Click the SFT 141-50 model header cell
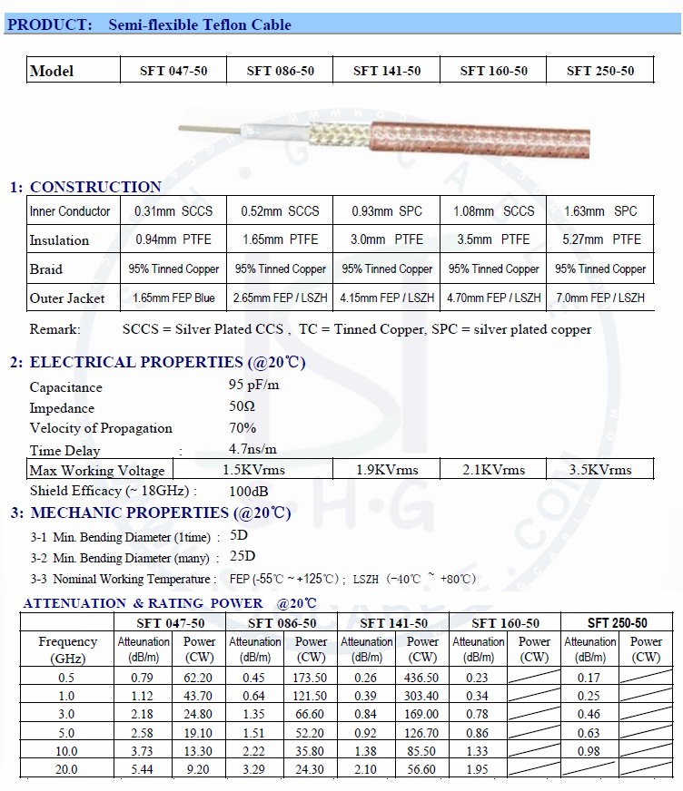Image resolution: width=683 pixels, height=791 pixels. click(387, 71)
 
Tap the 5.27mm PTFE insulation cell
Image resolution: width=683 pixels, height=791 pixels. click(601, 239)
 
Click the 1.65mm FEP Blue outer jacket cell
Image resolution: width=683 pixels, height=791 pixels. click(173, 298)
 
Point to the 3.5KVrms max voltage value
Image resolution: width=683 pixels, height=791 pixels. click(599, 470)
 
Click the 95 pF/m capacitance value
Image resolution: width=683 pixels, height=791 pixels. click(254, 386)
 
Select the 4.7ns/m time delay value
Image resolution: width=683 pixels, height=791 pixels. click(252, 449)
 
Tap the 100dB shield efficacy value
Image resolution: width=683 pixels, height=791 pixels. click(248, 491)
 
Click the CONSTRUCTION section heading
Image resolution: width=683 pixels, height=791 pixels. click(95, 187)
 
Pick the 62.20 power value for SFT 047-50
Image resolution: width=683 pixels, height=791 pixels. click(200, 678)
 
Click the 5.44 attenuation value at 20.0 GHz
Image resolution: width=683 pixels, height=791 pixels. click(144, 769)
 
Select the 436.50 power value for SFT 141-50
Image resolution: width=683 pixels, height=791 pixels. click(422, 678)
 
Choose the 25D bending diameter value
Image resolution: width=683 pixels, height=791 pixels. click(243, 556)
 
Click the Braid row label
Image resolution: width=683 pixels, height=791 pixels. click(46, 269)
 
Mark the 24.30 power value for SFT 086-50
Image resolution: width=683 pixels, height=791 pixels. click(311, 769)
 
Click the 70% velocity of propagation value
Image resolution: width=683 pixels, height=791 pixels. click(243, 428)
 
